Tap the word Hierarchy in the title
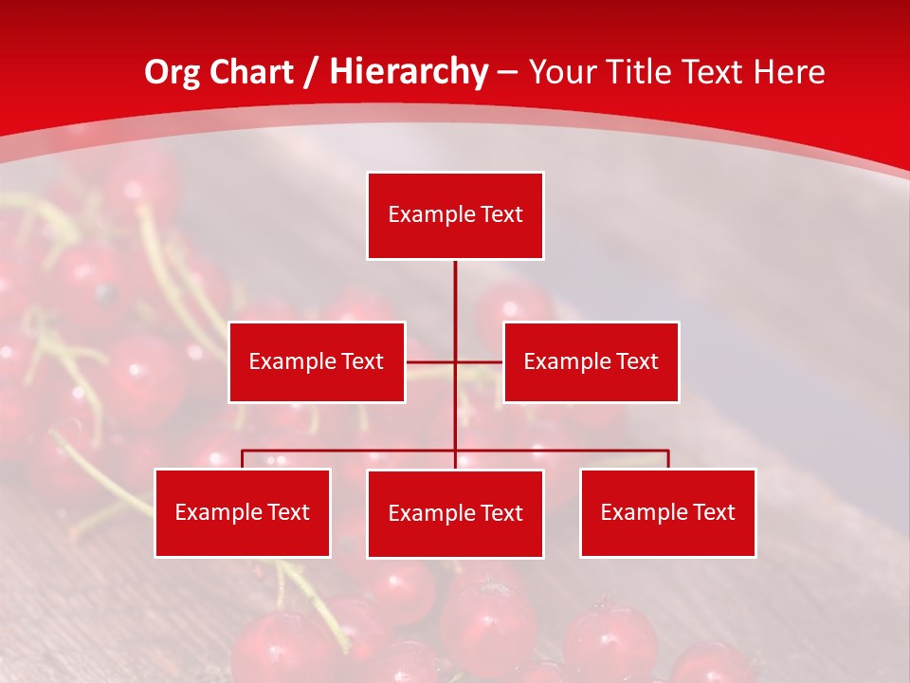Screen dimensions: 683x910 point(409,72)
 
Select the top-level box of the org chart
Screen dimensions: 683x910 point(455,215)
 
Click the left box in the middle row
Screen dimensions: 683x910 point(317,361)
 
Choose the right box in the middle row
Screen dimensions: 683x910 point(591,361)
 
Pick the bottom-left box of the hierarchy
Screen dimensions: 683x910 point(243,512)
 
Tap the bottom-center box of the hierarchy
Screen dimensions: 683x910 point(455,513)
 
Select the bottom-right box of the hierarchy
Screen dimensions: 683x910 point(667,512)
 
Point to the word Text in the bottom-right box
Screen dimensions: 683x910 point(713,512)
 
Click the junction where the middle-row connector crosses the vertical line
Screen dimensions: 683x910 point(455,361)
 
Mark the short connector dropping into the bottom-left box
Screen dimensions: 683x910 point(243,459)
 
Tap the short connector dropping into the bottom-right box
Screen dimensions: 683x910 point(668,459)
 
